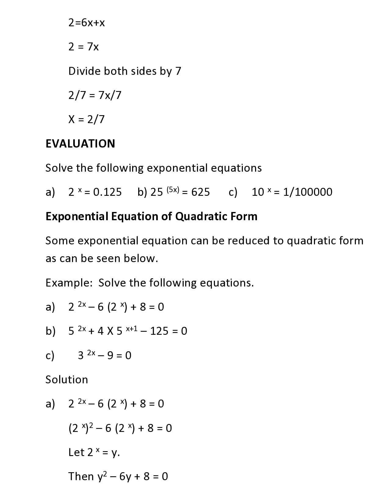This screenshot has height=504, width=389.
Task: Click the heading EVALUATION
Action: [80, 144]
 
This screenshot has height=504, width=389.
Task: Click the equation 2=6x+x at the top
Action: [87, 23]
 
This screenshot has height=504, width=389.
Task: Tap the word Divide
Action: [85, 71]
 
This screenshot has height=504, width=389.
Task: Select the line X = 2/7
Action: [86, 119]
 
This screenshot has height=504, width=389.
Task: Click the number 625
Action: [200, 192]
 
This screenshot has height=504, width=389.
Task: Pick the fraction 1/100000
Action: [308, 192]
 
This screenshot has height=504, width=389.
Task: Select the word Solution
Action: [67, 380]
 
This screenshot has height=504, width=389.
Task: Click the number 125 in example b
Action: [159, 331]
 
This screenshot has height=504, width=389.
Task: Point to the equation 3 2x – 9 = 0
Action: [105, 355]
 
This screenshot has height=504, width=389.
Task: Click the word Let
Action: [76, 452]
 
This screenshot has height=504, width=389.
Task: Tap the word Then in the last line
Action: [81, 477]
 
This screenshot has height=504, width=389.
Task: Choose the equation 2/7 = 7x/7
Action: [95, 95]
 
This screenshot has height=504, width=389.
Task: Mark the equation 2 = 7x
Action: [84, 47]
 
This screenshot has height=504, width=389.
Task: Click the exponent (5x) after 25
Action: [173, 189]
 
